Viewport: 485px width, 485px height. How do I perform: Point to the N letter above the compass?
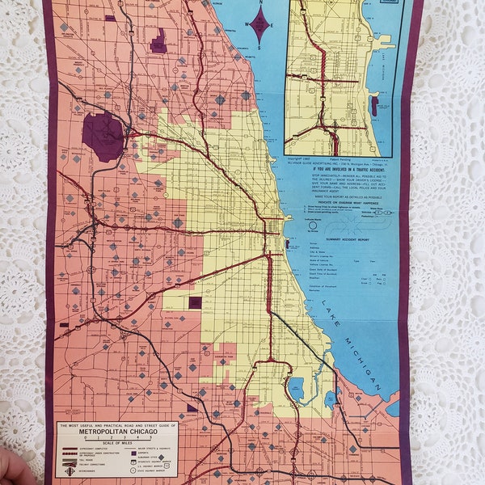259,3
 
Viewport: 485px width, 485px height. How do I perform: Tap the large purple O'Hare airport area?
103,135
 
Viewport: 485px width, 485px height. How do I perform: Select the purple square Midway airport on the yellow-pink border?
195,302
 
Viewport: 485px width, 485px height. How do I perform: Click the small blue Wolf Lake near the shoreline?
329,399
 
